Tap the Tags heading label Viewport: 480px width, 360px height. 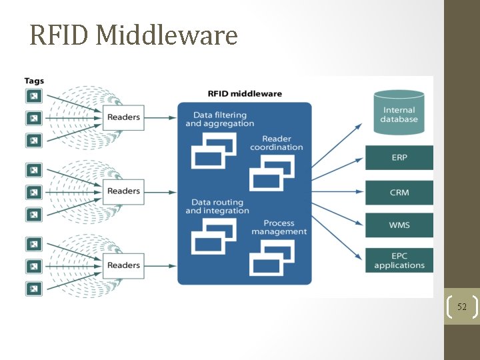click(x=34, y=81)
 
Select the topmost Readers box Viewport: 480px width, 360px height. click(x=123, y=117)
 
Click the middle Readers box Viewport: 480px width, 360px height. click(x=123, y=191)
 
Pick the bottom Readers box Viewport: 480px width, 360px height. click(x=123, y=265)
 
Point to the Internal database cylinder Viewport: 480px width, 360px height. click(x=399, y=113)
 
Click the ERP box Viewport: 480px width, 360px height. click(x=399, y=158)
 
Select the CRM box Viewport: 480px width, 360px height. click(x=399, y=193)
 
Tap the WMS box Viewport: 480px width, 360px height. click(x=399, y=225)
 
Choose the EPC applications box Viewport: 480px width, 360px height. click(x=399, y=260)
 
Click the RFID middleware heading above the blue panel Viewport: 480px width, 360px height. click(x=245, y=93)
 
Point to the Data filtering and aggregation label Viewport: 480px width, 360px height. click(x=219, y=119)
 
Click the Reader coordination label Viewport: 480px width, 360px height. click(x=276, y=143)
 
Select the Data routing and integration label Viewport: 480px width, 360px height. click(x=217, y=207)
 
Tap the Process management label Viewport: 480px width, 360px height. click(x=279, y=227)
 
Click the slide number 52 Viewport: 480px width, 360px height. click(x=461, y=307)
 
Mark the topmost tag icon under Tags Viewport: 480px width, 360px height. click(x=33, y=96)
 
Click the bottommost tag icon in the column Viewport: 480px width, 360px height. click(x=33, y=289)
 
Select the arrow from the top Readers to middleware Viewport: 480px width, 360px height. click(x=160, y=118)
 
